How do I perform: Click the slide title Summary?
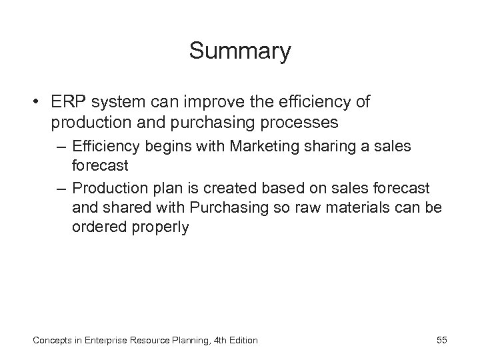239,51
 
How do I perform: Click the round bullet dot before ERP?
35,103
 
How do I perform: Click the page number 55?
442,340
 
